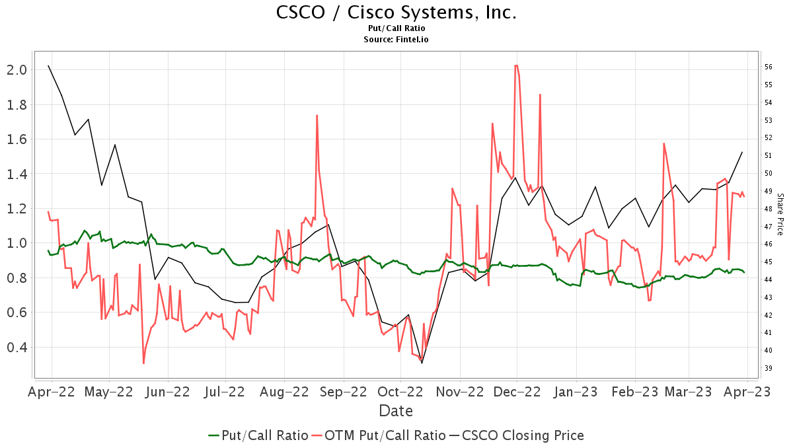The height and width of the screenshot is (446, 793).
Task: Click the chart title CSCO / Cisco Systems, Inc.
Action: (x=396, y=13)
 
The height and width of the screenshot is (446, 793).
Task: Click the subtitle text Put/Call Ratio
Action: (x=396, y=28)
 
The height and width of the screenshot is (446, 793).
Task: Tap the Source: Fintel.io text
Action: (x=396, y=40)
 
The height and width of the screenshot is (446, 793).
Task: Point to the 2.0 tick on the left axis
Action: (x=16, y=70)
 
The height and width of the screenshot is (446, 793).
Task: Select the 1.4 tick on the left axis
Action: (x=16, y=174)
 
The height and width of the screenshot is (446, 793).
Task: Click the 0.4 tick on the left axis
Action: (x=16, y=348)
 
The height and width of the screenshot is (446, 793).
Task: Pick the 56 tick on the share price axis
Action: (x=769, y=67)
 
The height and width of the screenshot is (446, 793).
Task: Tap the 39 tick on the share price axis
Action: (x=769, y=368)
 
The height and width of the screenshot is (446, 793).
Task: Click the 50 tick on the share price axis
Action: (x=769, y=173)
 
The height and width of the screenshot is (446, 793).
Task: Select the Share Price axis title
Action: (x=780, y=214)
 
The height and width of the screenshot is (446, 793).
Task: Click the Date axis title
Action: (x=396, y=411)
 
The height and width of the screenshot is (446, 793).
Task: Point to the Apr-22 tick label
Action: (x=52, y=392)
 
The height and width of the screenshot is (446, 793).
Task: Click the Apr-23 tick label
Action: (x=748, y=392)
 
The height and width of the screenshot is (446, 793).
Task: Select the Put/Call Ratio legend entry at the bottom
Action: (x=258, y=435)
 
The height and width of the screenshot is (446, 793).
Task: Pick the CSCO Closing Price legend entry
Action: (x=516, y=435)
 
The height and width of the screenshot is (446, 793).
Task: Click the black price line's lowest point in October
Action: (x=422, y=363)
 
